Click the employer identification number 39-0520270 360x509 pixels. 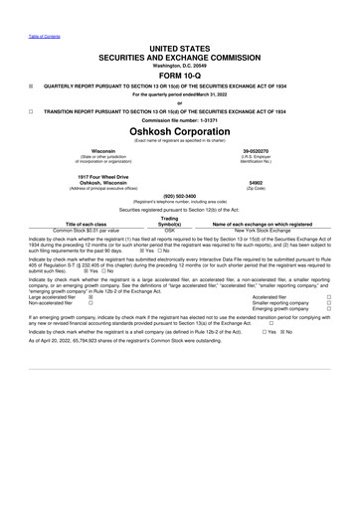pos(256,152)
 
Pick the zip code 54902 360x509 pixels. pos(256,184)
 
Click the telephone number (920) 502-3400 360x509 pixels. pos(179,196)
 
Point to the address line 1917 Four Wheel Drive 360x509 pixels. pos(102,177)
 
